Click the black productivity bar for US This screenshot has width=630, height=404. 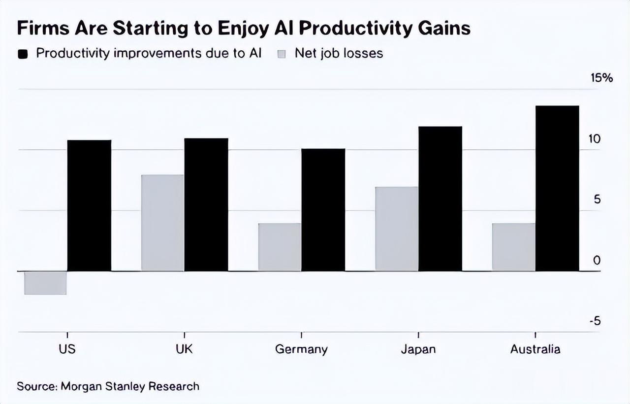pyautogui.click(x=89, y=205)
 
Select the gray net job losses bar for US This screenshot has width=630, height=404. pyautogui.click(x=45, y=283)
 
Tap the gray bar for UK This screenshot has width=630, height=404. pyautogui.click(x=162, y=223)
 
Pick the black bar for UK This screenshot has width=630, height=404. pyautogui.click(x=206, y=204)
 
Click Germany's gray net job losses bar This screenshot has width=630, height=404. pyautogui.click(x=280, y=247)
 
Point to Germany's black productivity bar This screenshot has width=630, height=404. pyautogui.click(x=323, y=210)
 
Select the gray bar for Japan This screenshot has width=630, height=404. pyautogui.click(x=397, y=229)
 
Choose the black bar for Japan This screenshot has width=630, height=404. pyautogui.click(x=440, y=199)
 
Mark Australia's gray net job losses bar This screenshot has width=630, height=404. pyautogui.click(x=513, y=247)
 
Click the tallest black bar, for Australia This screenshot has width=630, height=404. pyautogui.click(x=557, y=188)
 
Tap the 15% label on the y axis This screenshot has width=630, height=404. pyautogui.click(x=601, y=78)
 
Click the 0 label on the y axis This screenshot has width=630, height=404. pyautogui.click(x=597, y=260)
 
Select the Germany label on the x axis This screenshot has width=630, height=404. pyautogui.click(x=301, y=349)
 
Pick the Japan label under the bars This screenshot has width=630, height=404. pyautogui.click(x=418, y=349)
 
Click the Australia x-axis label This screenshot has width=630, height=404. pyautogui.click(x=535, y=349)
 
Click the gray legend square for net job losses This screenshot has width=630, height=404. pyautogui.click(x=282, y=54)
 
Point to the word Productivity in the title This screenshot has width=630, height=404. pyautogui.click(x=354, y=29)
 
